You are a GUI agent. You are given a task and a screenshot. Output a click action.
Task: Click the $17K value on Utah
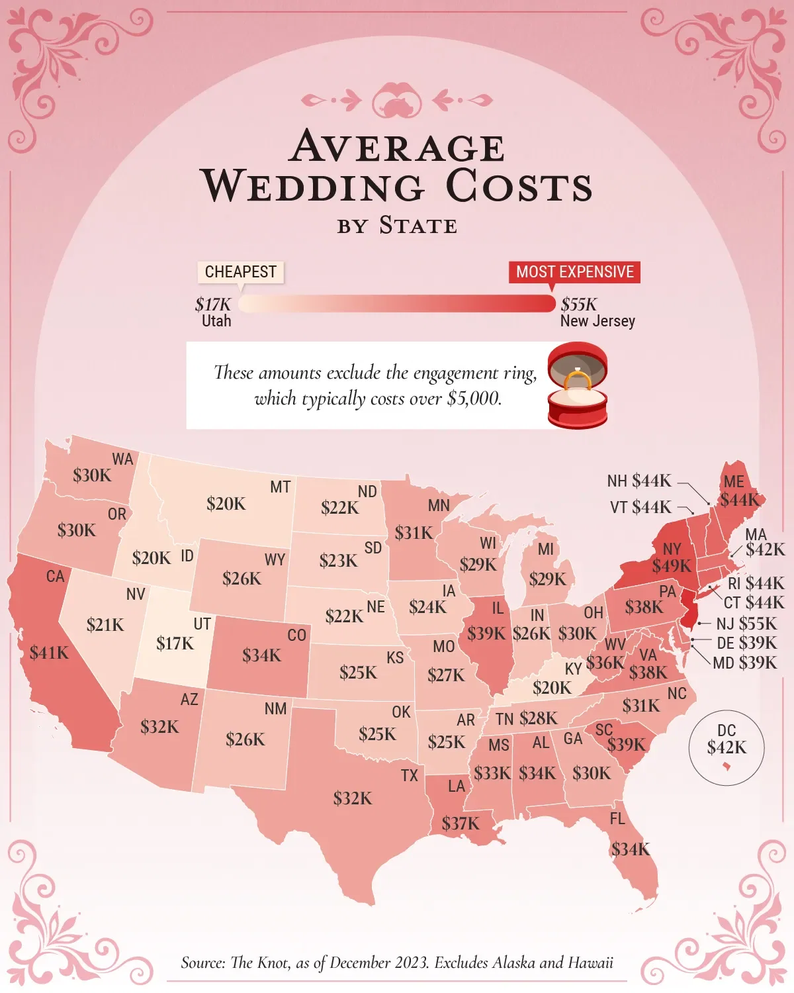(x=175, y=643)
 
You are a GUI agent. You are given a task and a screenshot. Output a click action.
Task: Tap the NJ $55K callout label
(x=746, y=624)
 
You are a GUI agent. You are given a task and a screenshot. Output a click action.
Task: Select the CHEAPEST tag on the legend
(x=241, y=272)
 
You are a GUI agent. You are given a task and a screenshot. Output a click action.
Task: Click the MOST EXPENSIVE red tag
(x=574, y=272)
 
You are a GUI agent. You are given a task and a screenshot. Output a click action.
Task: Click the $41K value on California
(x=49, y=653)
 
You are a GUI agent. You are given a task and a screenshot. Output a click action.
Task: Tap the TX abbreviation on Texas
(x=410, y=775)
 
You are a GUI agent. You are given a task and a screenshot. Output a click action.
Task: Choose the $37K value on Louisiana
(x=461, y=824)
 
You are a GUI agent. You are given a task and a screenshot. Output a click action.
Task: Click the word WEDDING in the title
(x=313, y=186)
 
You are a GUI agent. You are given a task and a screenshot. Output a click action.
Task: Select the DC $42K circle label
(x=727, y=740)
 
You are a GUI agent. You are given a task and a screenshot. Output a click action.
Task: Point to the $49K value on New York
(x=672, y=566)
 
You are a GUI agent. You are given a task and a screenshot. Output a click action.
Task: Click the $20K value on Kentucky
(x=552, y=688)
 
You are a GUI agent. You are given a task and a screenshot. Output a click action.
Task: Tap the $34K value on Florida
(x=631, y=849)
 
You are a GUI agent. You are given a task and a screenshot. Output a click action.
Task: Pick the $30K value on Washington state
(x=92, y=475)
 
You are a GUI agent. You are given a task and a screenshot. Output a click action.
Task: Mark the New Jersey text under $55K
(x=597, y=321)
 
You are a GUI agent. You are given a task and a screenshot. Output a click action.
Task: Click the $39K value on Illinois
(x=486, y=634)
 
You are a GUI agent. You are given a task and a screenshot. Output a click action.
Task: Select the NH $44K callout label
(x=639, y=481)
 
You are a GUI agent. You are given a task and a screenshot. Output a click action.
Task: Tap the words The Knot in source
(x=260, y=963)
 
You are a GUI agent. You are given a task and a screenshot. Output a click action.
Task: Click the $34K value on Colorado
(x=261, y=655)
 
